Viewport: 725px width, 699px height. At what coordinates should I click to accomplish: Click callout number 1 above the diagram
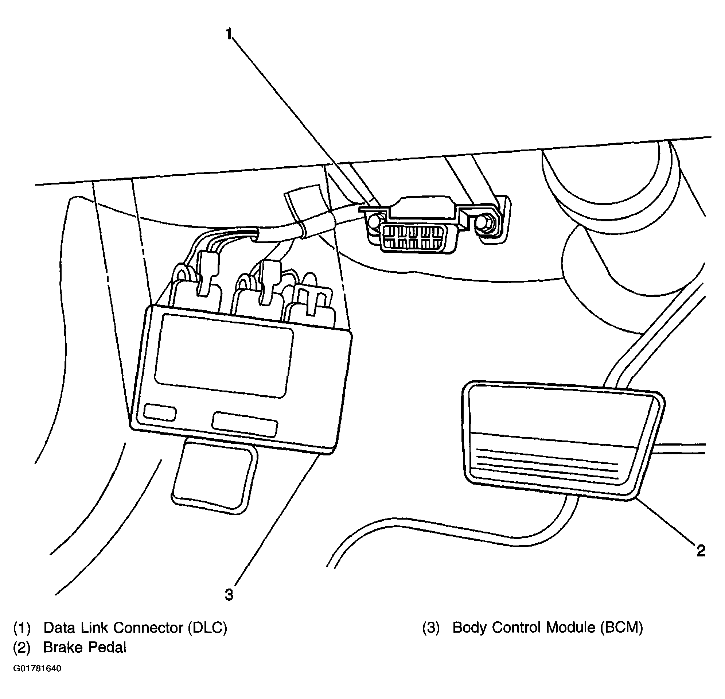[x=229, y=34]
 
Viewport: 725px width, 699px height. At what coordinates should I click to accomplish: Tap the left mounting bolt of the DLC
[x=374, y=222]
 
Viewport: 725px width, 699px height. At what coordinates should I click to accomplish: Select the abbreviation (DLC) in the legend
[x=207, y=628]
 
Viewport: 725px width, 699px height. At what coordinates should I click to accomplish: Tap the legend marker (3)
[x=431, y=628]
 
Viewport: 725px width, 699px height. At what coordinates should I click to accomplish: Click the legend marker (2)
[x=22, y=648]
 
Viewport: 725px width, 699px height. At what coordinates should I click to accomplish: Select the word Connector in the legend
[x=148, y=628]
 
